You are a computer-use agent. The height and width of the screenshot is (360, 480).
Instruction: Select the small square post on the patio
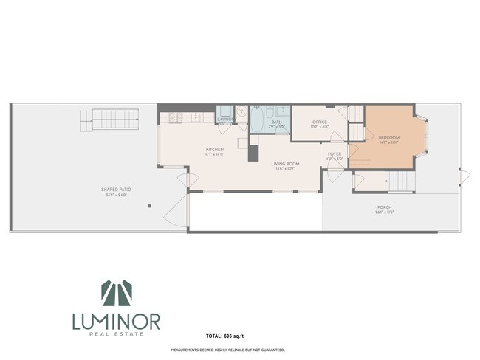[149, 206]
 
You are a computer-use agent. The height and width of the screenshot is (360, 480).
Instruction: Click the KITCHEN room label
[215, 152]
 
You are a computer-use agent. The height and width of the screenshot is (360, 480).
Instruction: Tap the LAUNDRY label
[225, 118]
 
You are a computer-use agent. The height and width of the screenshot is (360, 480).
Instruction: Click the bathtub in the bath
[258, 119]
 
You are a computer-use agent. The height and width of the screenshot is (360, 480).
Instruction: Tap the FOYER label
[335, 156]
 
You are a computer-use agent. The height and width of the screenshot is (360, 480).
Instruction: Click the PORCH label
[384, 209]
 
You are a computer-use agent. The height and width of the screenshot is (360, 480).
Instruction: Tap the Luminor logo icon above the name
[116, 294]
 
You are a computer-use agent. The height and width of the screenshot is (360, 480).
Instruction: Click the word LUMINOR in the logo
[116, 322]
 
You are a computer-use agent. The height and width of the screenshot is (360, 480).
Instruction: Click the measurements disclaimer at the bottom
[228, 350]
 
